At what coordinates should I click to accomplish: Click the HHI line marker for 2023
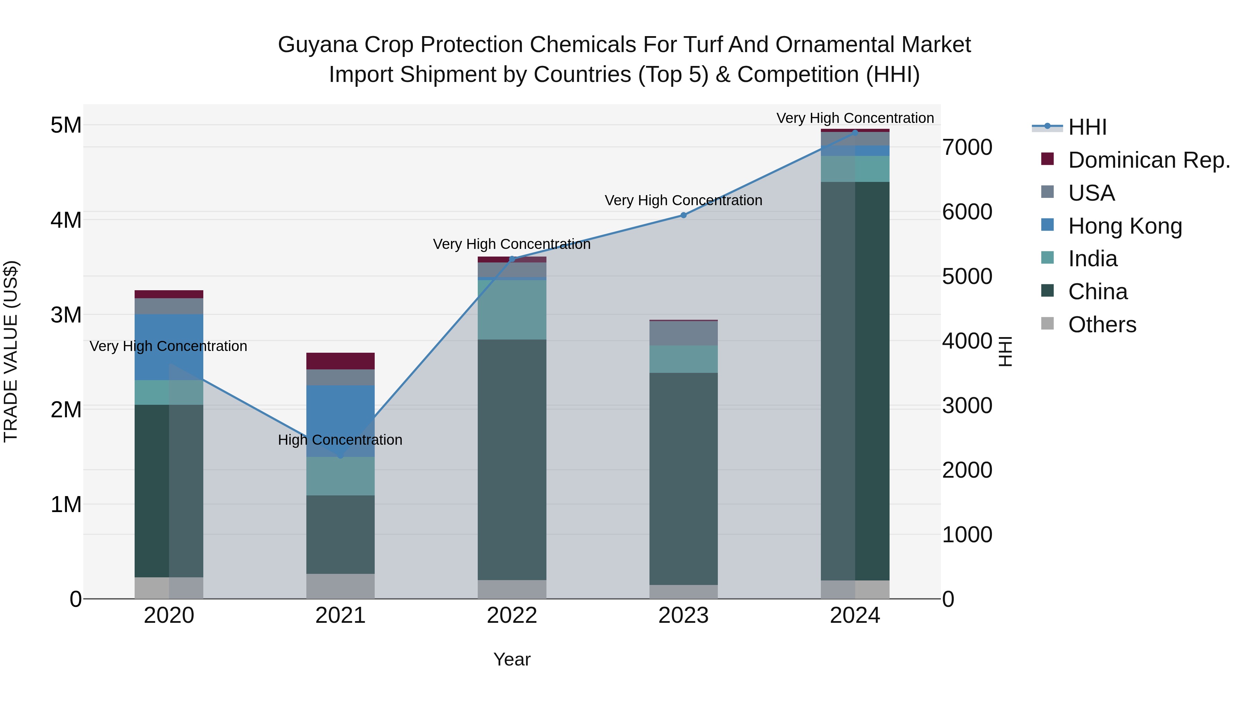(683, 215)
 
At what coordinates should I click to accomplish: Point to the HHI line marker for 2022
(512, 259)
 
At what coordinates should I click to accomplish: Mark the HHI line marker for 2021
(340, 456)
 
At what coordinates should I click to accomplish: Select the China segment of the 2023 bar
(683, 478)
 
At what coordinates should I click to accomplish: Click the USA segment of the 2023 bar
(683, 333)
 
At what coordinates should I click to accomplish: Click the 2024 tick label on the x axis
(855, 616)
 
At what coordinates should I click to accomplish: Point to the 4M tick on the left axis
(66, 220)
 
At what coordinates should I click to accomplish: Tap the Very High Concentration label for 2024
(855, 118)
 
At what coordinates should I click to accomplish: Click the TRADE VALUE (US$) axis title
(11, 351)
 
